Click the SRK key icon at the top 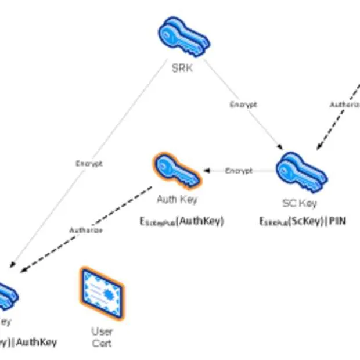183,37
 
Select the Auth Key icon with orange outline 177,171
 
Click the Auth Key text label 177,200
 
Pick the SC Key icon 301,172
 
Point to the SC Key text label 299,203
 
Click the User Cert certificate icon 102,292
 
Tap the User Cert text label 102,337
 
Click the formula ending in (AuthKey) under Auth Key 181,221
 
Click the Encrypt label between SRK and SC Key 243,105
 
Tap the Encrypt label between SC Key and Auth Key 239,171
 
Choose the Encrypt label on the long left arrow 89,164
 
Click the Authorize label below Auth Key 86,231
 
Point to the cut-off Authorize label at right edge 345,105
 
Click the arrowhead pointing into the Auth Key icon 206,171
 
